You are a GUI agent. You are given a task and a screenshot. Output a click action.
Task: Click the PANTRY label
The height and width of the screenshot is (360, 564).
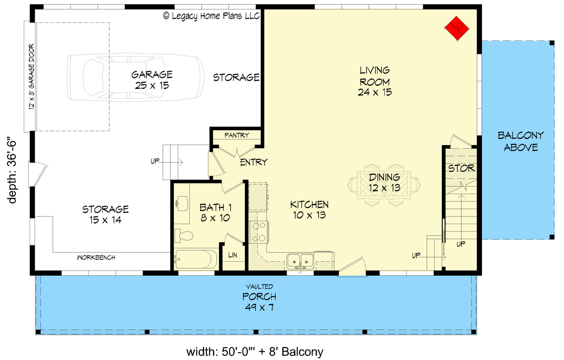pos(237,135)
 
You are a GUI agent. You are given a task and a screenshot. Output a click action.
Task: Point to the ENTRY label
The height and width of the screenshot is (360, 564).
pos(253,162)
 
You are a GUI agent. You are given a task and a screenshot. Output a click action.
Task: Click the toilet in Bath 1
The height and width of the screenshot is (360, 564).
pos(185,237)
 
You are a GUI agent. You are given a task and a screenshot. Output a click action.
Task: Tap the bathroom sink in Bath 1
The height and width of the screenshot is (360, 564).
pos(181,202)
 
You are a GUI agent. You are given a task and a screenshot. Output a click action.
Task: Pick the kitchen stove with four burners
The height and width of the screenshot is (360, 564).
pos(259,232)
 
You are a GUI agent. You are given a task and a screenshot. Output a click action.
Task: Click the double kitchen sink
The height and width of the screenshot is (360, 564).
pos(300,259)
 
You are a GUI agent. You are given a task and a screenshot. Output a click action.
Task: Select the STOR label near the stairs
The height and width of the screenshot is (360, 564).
pos(461,168)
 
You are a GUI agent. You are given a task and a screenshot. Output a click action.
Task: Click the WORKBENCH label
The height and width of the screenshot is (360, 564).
pos(96,257)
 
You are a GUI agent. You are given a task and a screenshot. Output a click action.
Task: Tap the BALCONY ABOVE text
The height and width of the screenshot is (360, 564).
pos(520,141)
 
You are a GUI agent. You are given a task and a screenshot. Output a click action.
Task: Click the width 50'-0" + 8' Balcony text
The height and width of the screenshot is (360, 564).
pos(254,352)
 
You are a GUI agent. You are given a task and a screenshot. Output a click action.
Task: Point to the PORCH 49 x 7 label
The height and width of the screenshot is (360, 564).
pos(259,302)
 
